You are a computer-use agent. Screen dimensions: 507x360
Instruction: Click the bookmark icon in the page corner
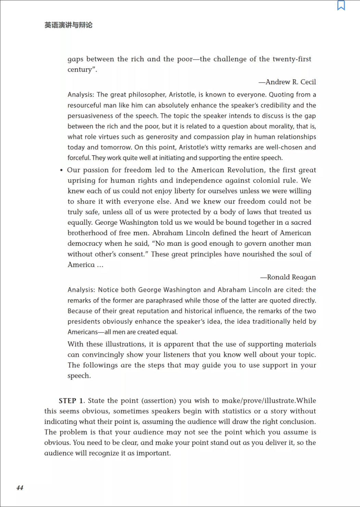(341, 5)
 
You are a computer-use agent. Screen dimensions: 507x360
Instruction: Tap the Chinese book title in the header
(69, 25)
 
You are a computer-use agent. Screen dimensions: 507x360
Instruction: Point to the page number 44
(20, 488)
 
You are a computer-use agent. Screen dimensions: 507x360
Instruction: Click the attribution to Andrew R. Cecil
(287, 82)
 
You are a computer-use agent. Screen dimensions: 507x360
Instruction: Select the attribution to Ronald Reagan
(288, 277)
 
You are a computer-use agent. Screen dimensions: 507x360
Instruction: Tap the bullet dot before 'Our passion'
(61, 170)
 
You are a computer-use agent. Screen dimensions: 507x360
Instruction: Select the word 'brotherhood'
(87, 233)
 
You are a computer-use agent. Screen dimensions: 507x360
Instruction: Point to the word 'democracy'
(85, 244)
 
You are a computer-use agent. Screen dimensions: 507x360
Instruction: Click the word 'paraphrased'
(165, 301)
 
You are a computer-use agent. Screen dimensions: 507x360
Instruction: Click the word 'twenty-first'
(292, 59)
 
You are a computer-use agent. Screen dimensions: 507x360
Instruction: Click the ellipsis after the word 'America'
(100, 265)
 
